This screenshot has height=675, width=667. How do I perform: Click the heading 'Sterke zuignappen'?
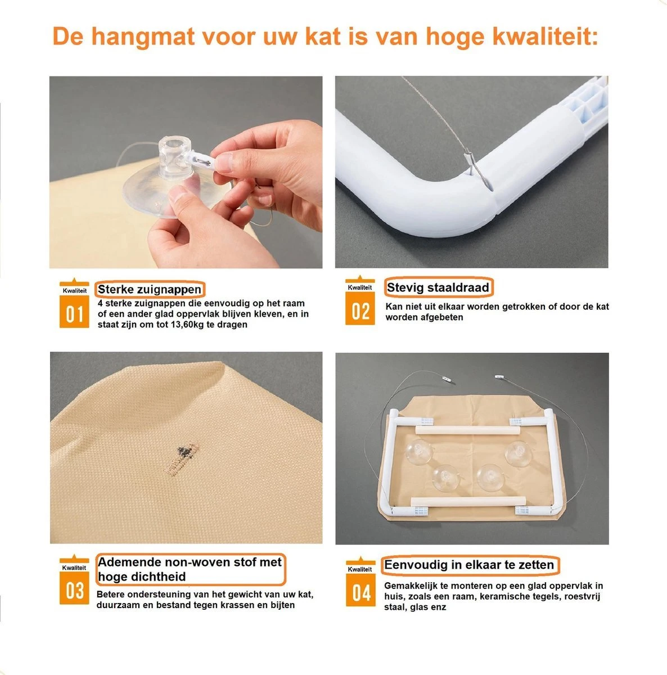tap(150, 290)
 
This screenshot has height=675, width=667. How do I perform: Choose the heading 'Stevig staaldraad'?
tap(438, 287)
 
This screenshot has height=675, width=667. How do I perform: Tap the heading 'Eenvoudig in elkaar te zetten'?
tap(469, 565)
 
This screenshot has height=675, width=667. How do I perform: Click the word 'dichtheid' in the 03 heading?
tap(158, 577)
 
